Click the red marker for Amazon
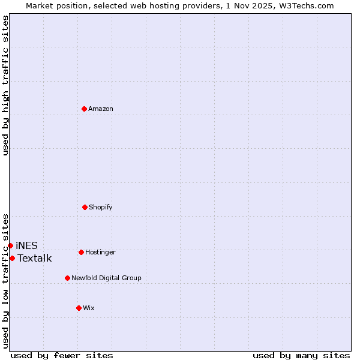(x=84, y=109)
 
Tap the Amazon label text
(x=101, y=109)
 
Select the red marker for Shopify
(x=85, y=207)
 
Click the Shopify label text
(x=101, y=208)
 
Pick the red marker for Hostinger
(x=81, y=252)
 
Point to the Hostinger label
(x=100, y=253)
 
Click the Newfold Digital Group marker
(x=67, y=278)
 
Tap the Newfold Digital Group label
(x=106, y=278)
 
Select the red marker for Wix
(x=79, y=308)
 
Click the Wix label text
(x=89, y=308)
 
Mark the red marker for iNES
(x=10, y=245)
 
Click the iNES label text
(x=26, y=245)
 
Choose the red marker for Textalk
(x=12, y=258)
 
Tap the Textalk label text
(x=34, y=259)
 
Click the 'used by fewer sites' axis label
(x=62, y=355)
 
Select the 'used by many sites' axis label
(x=301, y=355)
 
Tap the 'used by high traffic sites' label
(x=5, y=86)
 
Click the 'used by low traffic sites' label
(x=5, y=281)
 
